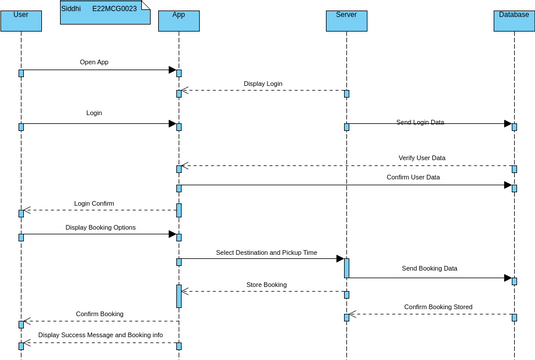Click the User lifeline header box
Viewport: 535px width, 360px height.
click(x=21, y=20)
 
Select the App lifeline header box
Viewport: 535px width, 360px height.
click(x=178, y=20)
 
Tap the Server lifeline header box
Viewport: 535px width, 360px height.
click(x=346, y=20)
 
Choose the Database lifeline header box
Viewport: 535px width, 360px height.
click(x=514, y=20)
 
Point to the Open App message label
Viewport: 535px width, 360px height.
click(x=94, y=62)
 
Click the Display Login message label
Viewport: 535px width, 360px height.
click(x=263, y=84)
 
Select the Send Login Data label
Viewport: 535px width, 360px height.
click(x=420, y=122)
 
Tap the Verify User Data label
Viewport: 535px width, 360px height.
click(x=422, y=158)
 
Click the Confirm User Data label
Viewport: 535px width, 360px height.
click(x=413, y=177)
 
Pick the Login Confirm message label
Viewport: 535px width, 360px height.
click(x=94, y=203)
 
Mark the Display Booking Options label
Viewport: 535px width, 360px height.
click(x=101, y=227)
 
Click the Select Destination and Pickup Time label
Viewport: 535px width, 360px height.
click(x=267, y=252)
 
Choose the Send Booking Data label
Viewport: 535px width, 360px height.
click(x=430, y=268)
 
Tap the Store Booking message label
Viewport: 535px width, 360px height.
click(x=266, y=285)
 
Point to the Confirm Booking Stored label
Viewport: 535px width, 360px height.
click(x=438, y=307)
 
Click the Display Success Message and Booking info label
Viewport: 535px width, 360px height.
click(x=100, y=335)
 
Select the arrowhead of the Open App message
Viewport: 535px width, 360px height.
click(x=172, y=70)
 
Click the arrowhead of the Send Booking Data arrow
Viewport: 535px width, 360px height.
click(x=507, y=278)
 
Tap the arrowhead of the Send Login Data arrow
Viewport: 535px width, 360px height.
click(x=507, y=124)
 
